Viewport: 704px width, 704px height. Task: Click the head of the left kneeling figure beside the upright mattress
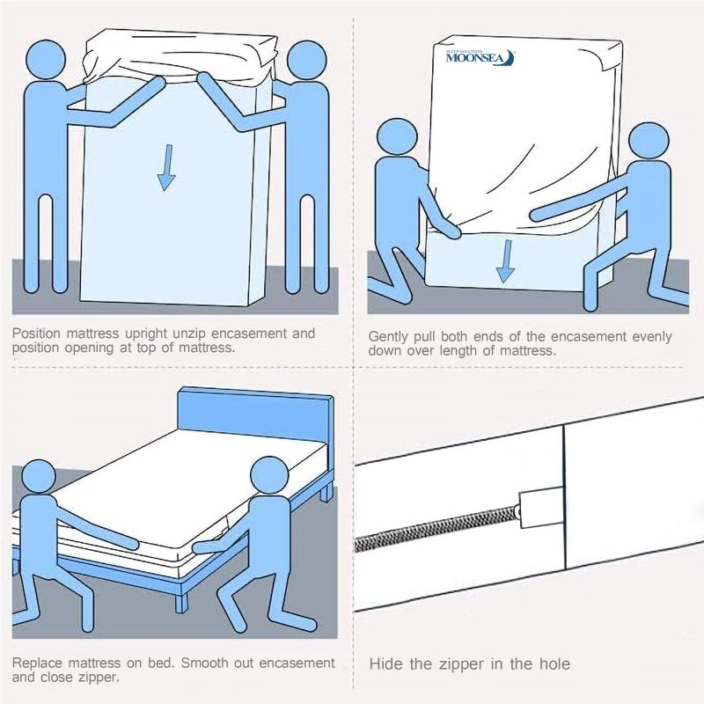click(x=397, y=140)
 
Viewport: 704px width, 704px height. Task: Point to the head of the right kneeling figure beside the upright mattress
click(x=649, y=145)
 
